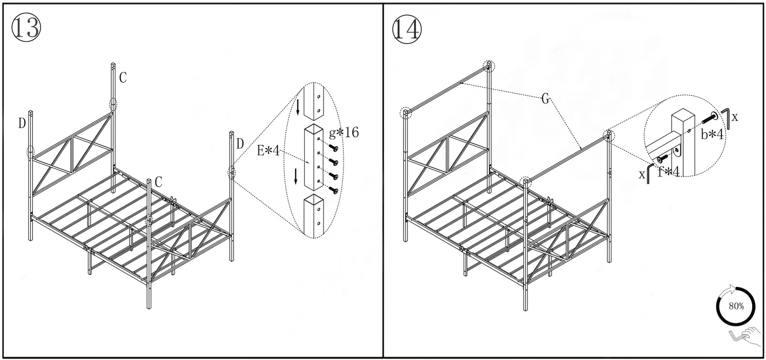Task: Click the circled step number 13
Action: [26, 28]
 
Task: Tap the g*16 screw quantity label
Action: [344, 132]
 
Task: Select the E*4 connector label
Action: [268, 151]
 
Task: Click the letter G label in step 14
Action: [545, 99]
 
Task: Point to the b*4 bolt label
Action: [712, 135]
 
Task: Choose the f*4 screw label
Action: [669, 172]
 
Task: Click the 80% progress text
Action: [736, 306]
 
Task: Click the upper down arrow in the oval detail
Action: [297, 107]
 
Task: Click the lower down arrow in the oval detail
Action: [296, 176]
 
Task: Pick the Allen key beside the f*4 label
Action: [649, 173]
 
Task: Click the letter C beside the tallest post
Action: [123, 77]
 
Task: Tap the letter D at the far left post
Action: [22, 123]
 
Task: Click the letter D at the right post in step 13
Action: [240, 144]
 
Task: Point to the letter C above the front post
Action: [158, 182]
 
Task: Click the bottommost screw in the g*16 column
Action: [334, 190]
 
